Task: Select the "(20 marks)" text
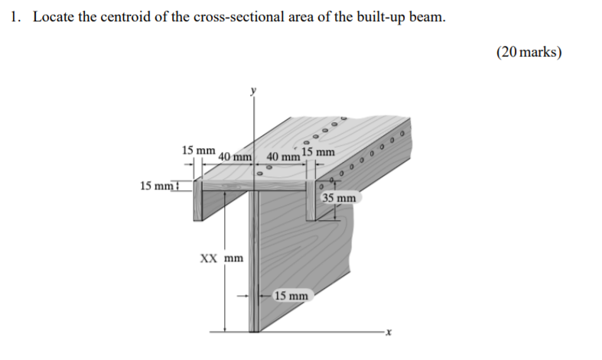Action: (529, 52)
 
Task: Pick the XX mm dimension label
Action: (222, 258)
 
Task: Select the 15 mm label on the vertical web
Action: (291, 295)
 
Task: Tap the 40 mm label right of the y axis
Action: (282, 157)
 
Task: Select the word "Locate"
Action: (52, 17)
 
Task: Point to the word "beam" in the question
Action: (427, 17)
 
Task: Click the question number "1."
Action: (16, 17)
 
